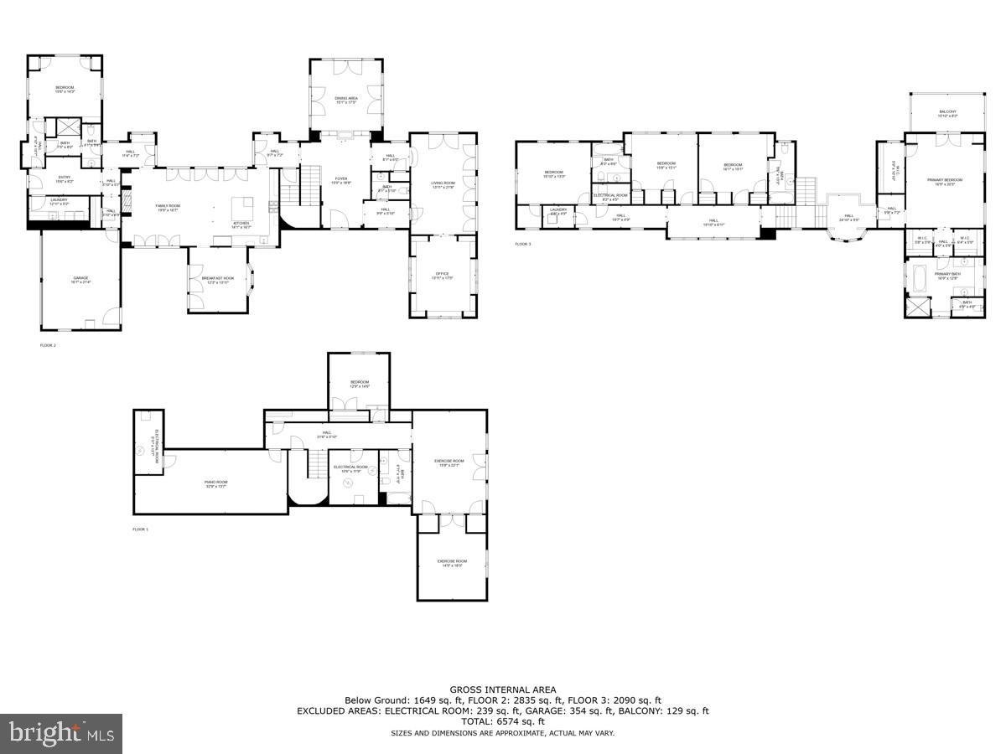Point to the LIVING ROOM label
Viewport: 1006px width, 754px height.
click(443, 184)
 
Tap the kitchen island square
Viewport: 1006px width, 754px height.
click(242, 205)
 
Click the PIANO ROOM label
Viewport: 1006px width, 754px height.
click(216, 483)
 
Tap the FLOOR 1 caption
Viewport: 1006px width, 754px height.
click(140, 529)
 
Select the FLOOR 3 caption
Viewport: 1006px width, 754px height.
click(523, 245)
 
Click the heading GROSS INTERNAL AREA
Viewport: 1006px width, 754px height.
click(503, 689)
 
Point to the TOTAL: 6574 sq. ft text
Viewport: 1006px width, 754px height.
click(503, 721)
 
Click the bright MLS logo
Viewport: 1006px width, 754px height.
click(61, 734)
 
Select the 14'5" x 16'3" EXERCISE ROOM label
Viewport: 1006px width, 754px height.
click(450, 563)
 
